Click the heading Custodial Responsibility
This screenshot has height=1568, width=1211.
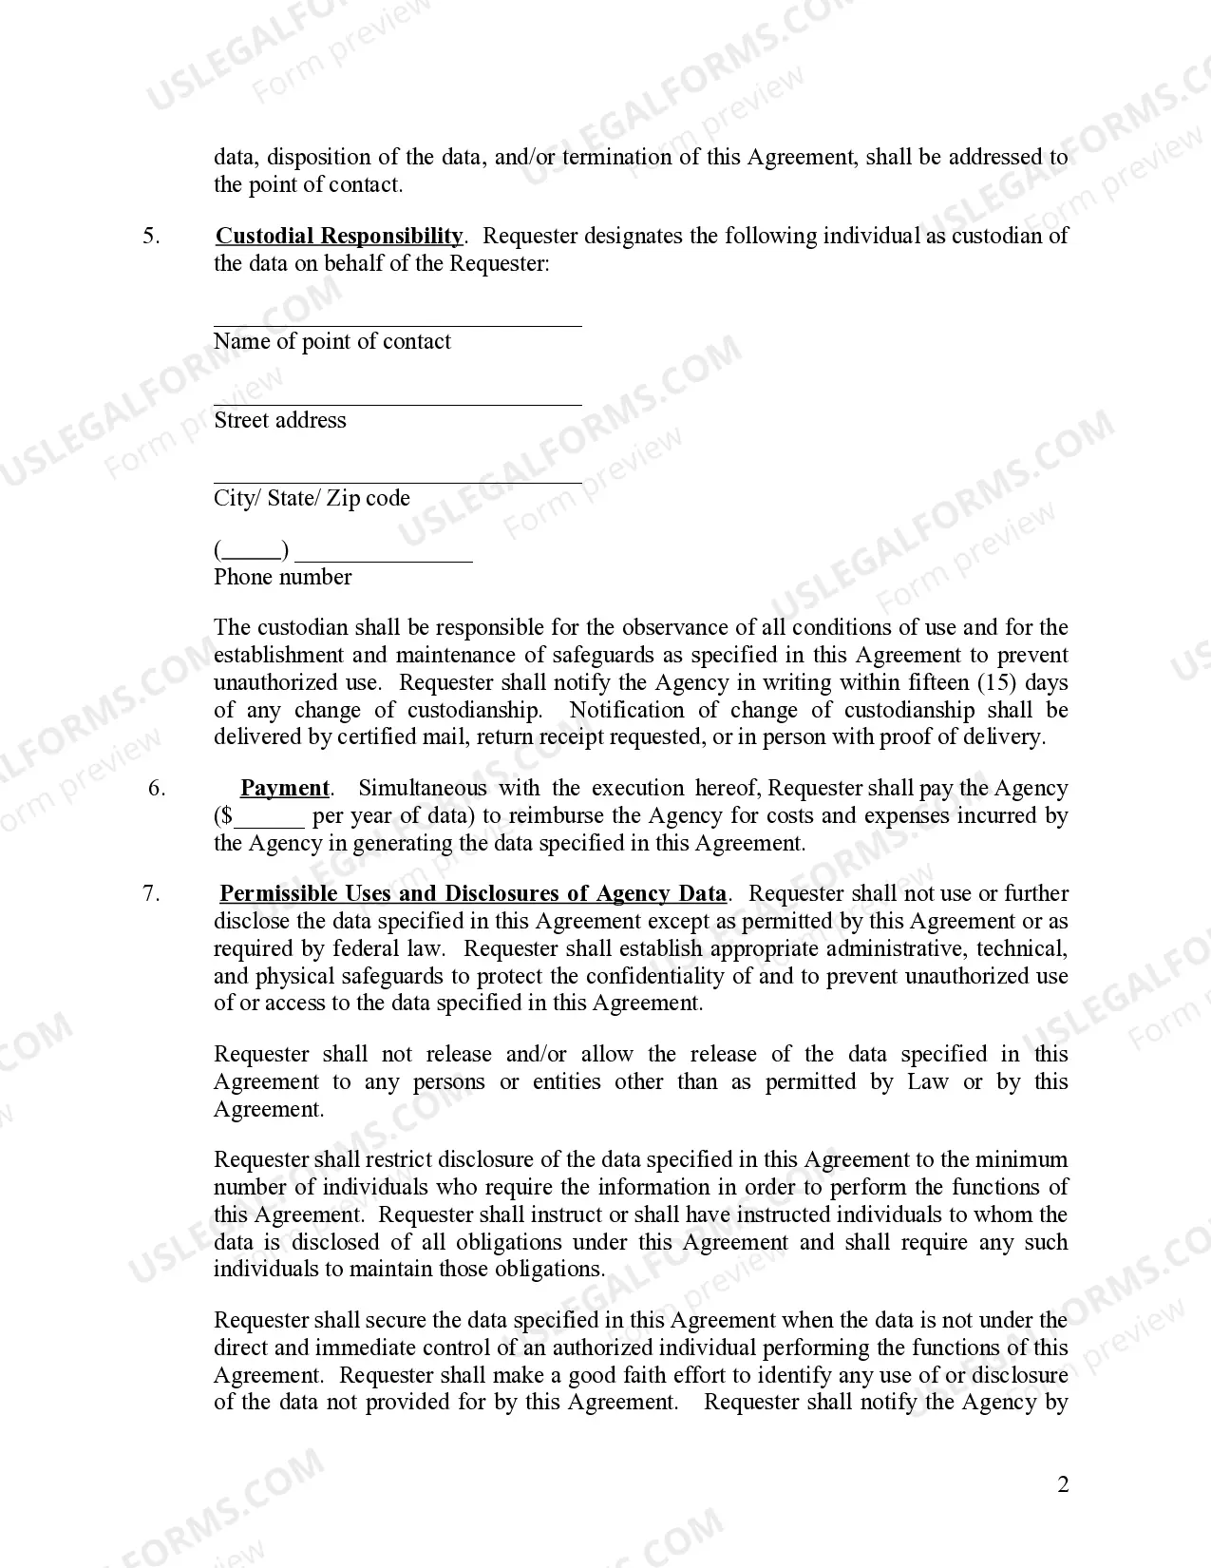pyautogui.click(x=339, y=236)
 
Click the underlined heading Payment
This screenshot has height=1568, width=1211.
pyautogui.click(x=284, y=788)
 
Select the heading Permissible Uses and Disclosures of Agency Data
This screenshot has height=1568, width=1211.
pyautogui.click(x=472, y=893)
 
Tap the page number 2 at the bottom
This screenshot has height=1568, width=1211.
pyautogui.click(x=1063, y=1484)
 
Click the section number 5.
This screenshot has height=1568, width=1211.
pyautogui.click(x=151, y=236)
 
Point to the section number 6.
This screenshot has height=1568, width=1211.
pyautogui.click(x=157, y=788)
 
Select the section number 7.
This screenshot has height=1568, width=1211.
pyautogui.click(x=151, y=893)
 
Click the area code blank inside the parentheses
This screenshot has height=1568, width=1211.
pyautogui.click(x=253, y=554)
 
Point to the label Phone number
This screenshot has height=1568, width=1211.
pyautogui.click(x=282, y=577)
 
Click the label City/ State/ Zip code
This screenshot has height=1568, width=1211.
pyautogui.click(x=312, y=498)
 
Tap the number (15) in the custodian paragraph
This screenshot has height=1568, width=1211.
pyautogui.click(x=997, y=682)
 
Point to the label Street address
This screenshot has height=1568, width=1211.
pyautogui.click(x=279, y=420)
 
